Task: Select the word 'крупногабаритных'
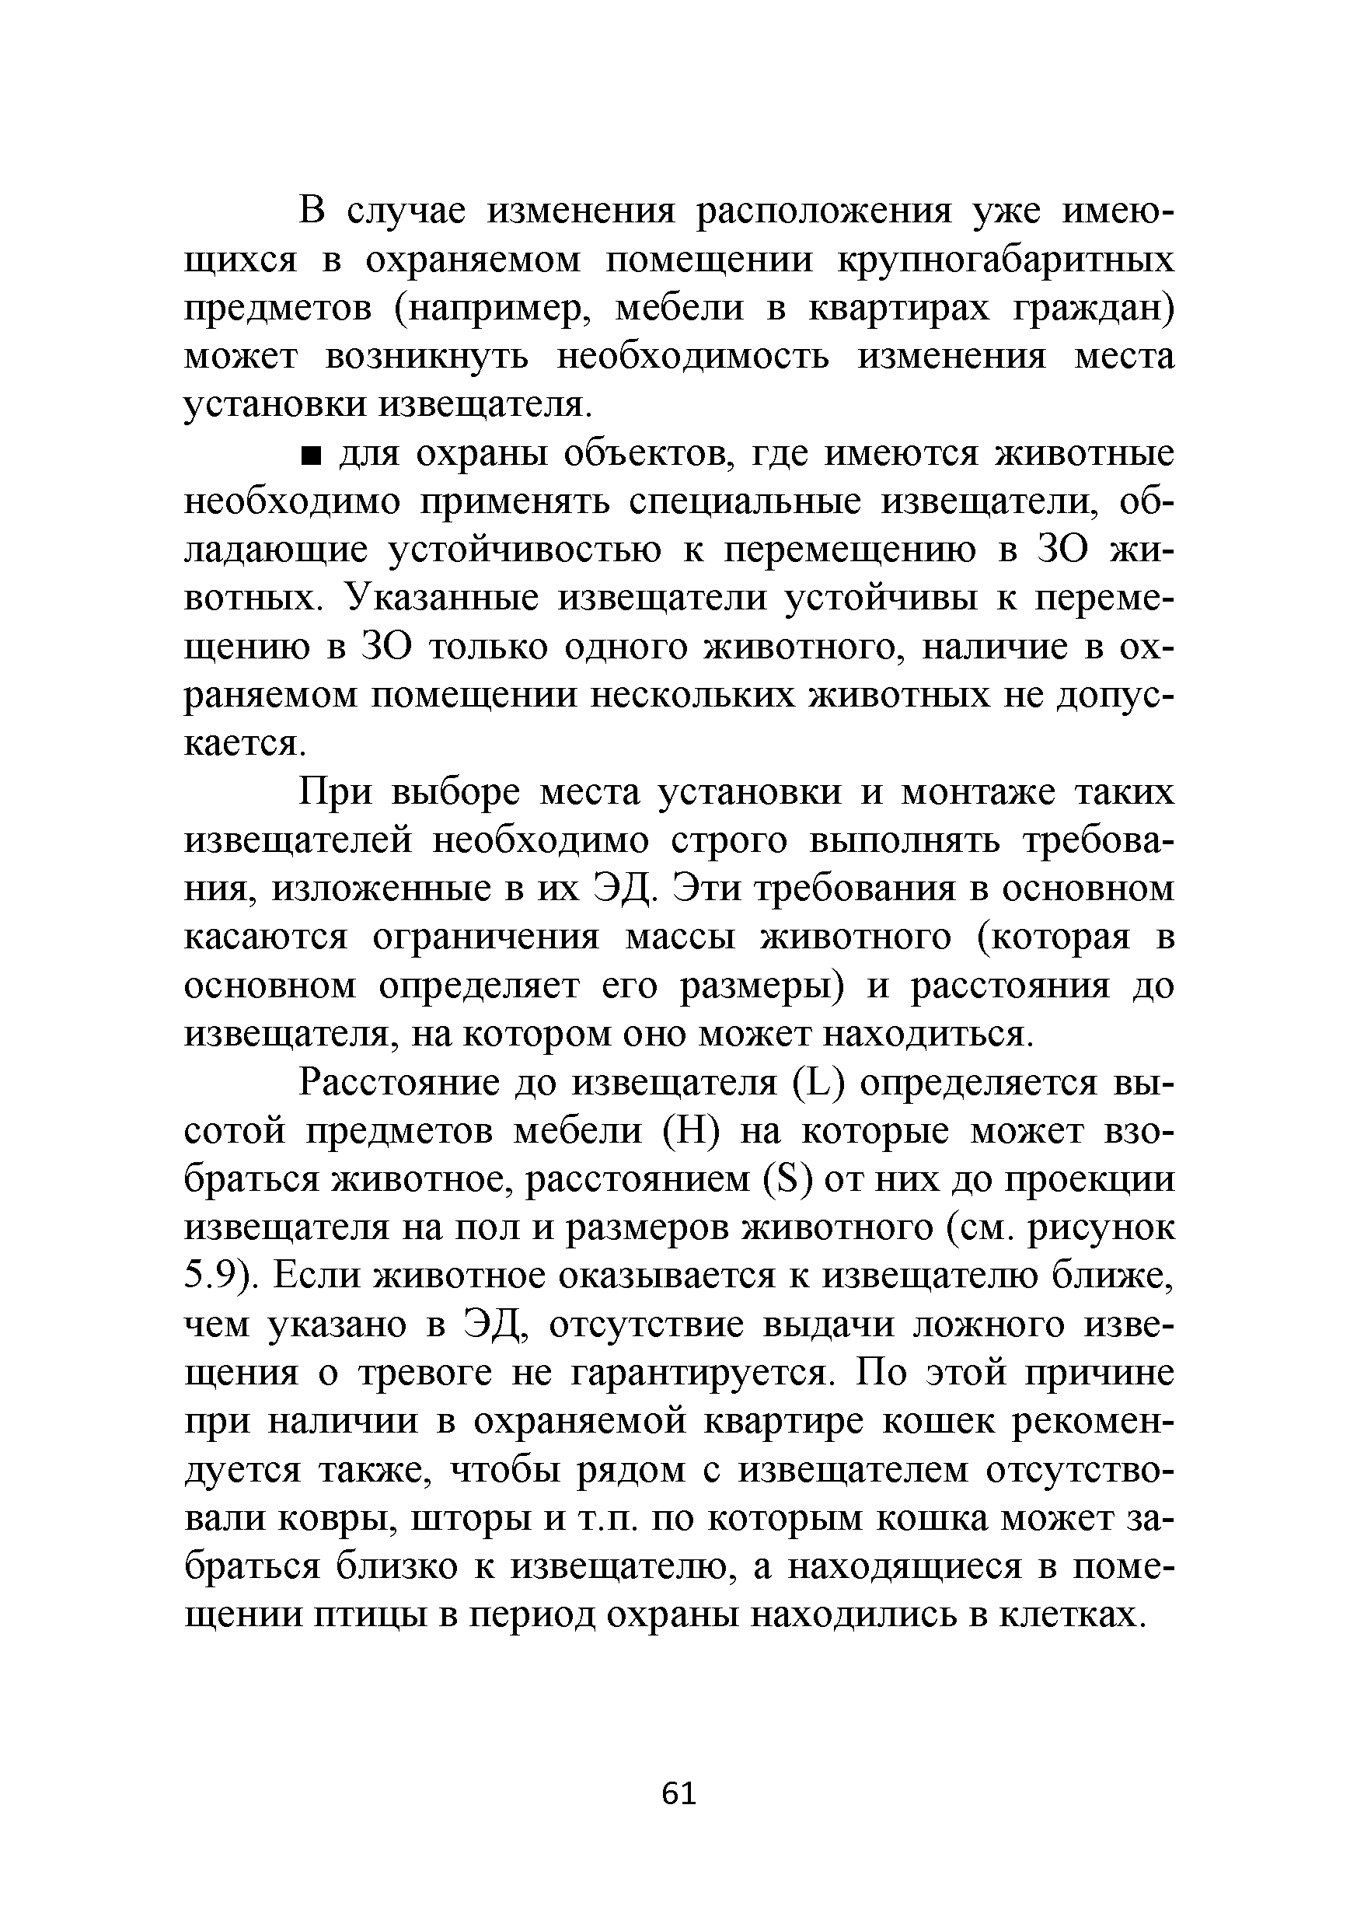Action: pos(1006,262)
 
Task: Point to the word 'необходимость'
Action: pos(693,358)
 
